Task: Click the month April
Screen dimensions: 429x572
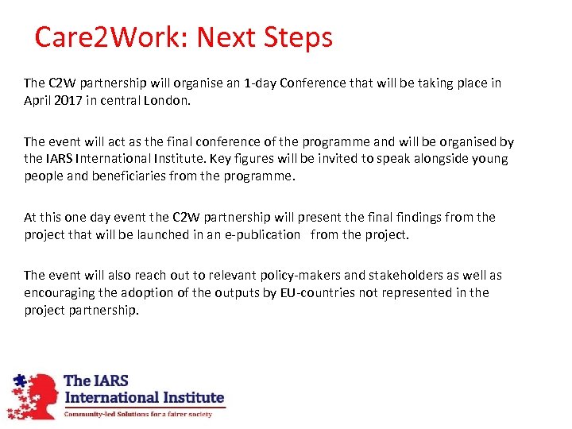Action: (x=37, y=100)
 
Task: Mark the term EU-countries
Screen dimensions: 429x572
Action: (x=307, y=292)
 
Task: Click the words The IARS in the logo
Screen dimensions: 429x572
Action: (x=95, y=381)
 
